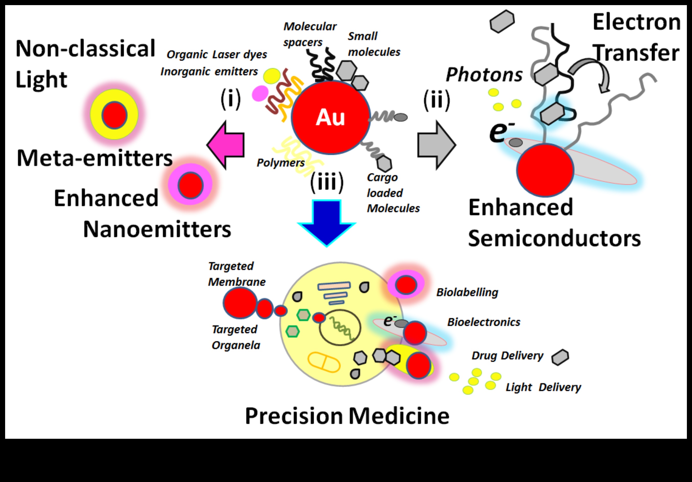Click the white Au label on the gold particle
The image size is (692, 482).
(x=330, y=117)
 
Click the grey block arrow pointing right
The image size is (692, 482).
(x=436, y=145)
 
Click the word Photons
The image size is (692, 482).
(x=484, y=75)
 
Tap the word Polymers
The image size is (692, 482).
(x=280, y=163)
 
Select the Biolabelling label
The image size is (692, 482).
(x=467, y=292)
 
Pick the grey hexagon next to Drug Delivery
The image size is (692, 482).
(x=560, y=357)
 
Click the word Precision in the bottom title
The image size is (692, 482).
(x=294, y=416)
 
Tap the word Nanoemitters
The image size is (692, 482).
(x=157, y=229)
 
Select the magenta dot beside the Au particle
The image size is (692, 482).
(x=260, y=93)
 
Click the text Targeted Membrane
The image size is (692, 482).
(x=237, y=274)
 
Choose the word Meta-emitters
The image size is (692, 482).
(x=94, y=158)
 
